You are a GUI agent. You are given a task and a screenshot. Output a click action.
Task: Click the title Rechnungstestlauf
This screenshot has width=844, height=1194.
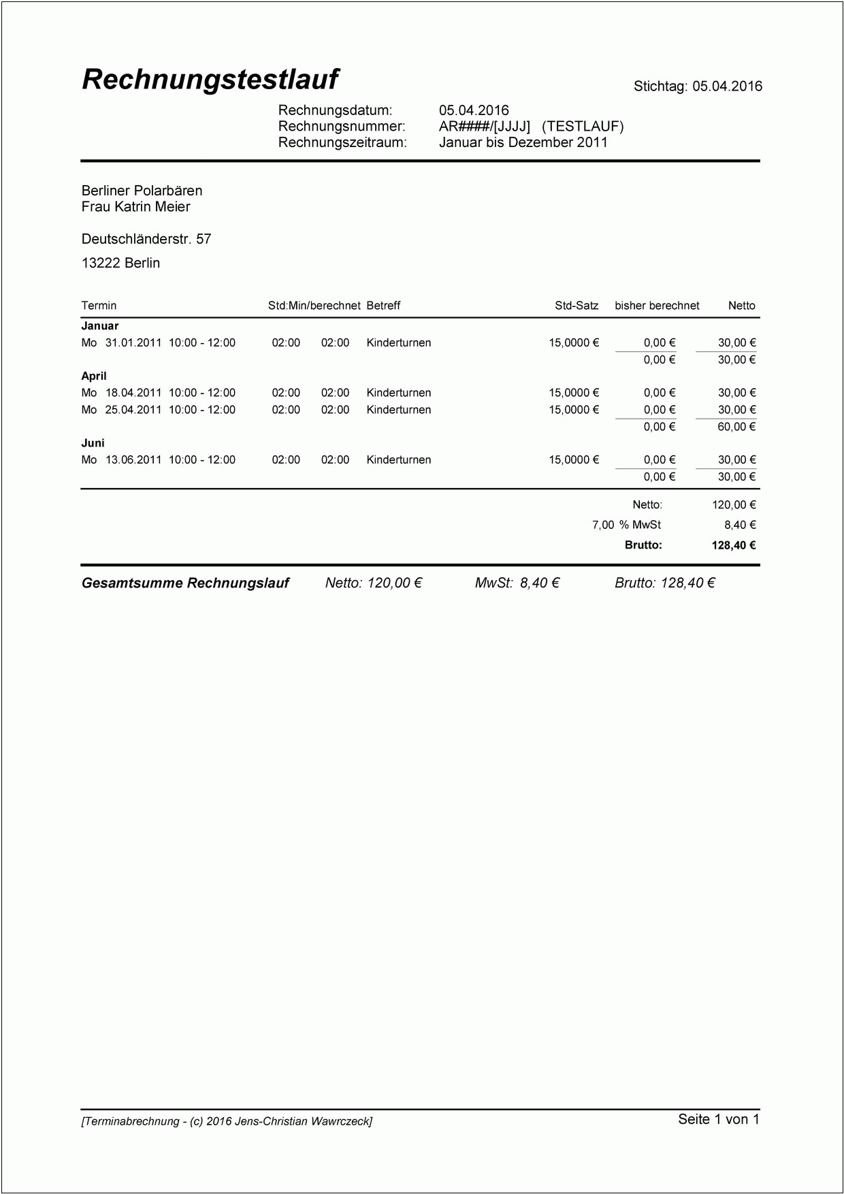tap(210, 80)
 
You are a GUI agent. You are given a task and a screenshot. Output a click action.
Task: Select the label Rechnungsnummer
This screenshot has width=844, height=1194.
tap(342, 126)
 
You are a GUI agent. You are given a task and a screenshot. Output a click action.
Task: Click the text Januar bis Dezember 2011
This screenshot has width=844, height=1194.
tap(523, 142)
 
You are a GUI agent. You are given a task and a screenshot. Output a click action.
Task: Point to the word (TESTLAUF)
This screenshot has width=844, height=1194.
tap(583, 126)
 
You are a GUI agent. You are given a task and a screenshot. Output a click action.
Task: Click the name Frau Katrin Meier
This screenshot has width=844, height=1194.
tap(135, 207)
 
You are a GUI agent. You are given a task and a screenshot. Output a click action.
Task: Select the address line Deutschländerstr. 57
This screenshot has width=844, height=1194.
tap(146, 239)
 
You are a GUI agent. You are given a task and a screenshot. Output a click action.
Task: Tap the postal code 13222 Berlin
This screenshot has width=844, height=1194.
tap(120, 263)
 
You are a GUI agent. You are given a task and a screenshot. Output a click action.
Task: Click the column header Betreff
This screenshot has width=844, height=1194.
tap(383, 306)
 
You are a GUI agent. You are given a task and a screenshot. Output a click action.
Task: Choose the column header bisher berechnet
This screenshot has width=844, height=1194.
tap(657, 306)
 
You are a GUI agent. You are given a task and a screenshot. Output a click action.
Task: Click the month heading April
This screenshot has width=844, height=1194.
tap(94, 376)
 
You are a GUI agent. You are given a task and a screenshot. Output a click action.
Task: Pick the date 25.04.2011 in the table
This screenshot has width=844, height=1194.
tap(133, 410)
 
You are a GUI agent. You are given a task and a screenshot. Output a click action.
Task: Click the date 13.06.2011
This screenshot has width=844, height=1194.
tap(133, 460)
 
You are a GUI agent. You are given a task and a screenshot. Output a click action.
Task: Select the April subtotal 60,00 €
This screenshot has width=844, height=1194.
tap(736, 427)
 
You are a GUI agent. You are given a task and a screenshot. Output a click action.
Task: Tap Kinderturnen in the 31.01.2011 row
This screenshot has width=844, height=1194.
tap(398, 343)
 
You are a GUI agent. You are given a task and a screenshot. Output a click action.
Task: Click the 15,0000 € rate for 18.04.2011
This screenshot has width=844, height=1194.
tap(574, 393)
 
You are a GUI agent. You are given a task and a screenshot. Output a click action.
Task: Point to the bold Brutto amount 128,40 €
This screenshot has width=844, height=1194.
tap(734, 545)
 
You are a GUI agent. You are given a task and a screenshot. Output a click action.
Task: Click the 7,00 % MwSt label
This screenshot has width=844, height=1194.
tap(626, 525)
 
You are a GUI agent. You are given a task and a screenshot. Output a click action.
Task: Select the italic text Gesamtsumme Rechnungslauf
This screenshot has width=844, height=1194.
tap(185, 583)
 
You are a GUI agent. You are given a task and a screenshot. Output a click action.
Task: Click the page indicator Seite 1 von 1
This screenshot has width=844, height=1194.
tap(718, 1119)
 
